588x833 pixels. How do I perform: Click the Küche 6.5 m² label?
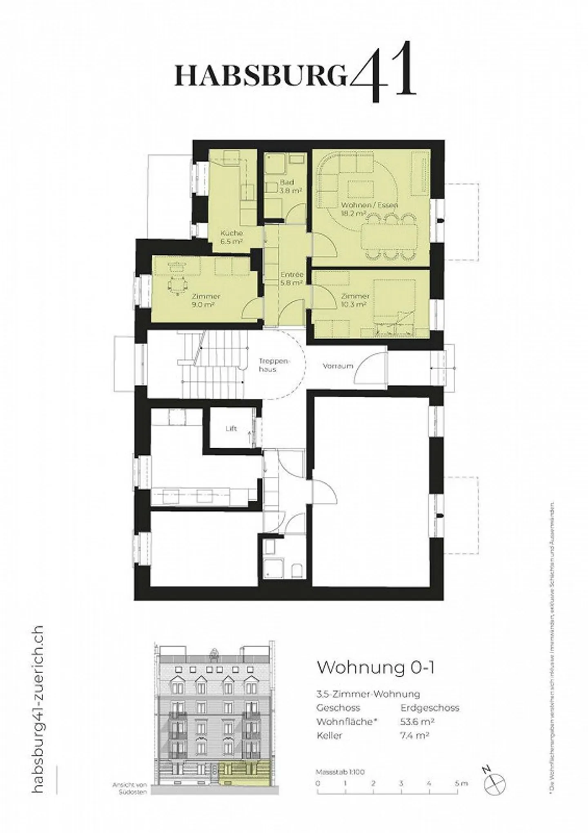[x=232, y=237]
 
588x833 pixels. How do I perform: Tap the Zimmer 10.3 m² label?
[x=355, y=300]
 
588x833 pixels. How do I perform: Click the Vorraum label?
[x=338, y=366]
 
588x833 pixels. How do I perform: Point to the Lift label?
[x=231, y=429]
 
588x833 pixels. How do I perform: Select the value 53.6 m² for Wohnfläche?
[x=417, y=721]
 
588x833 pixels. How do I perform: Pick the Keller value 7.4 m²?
[x=414, y=735]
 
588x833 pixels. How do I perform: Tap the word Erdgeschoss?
[x=430, y=708]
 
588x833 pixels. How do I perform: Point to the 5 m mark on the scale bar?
[x=461, y=772]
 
